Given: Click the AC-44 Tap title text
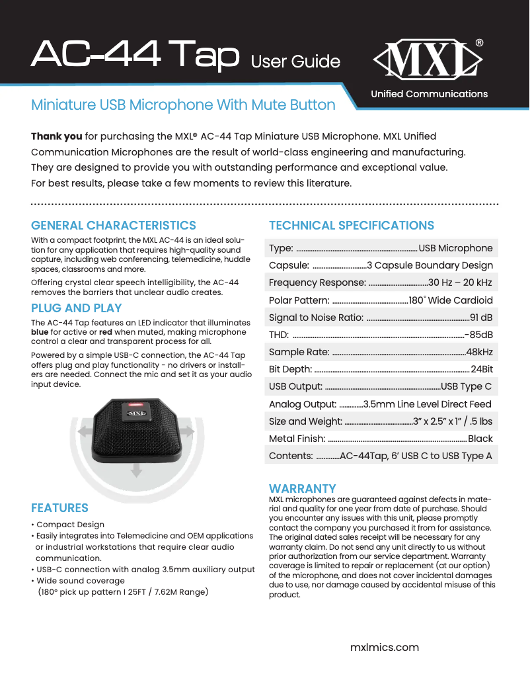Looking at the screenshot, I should click(135, 55).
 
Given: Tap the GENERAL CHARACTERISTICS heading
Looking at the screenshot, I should click(114, 226).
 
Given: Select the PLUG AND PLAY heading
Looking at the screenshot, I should click(77, 308).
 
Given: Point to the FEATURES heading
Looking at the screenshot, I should click(59, 508).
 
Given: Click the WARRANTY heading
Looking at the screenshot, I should click(303, 489).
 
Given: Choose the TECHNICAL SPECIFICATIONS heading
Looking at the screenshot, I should click(352, 226).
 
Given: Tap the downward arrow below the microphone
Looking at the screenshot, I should click(136, 470).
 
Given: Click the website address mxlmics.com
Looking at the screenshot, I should click(384, 647).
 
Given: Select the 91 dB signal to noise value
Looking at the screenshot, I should click(481, 318).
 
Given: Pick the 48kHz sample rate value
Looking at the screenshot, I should click(479, 352).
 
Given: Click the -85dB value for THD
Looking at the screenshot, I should click(479, 335).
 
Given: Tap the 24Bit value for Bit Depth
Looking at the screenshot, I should click(482, 369).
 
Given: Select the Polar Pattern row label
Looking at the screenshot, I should click(299, 300).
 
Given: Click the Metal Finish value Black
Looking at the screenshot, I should click(480, 439).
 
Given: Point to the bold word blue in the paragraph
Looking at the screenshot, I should click(40, 332).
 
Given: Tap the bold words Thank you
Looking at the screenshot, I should click(57, 136).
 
